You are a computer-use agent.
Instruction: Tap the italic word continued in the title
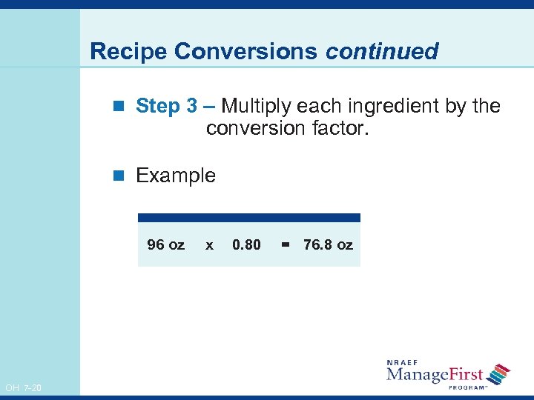[382, 51]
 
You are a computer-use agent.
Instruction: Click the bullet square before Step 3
[124, 107]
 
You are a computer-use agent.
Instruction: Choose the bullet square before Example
[124, 176]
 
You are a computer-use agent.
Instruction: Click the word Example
[176, 176]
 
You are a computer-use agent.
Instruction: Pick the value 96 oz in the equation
[166, 244]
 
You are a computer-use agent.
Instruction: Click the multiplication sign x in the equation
[209, 244]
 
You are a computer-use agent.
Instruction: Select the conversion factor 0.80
[246, 244]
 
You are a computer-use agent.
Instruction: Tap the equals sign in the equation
[286, 244]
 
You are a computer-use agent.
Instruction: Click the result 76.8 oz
[328, 244]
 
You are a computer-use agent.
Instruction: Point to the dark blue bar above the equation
[249, 218]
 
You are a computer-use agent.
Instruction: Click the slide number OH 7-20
[23, 388]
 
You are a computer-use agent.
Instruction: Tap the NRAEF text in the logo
[402, 362]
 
